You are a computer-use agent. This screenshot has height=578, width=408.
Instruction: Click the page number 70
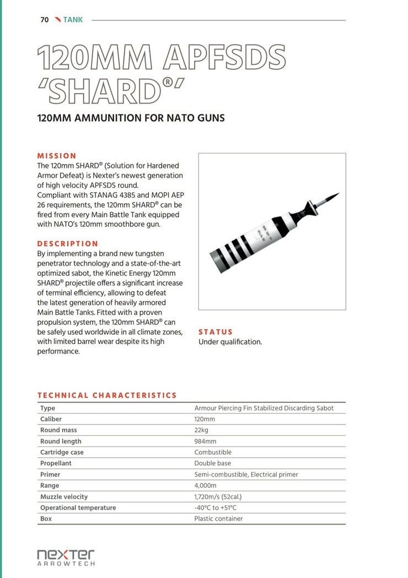(45, 20)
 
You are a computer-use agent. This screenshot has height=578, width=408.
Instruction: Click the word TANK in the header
(73, 20)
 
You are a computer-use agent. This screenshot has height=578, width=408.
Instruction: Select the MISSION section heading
(57, 156)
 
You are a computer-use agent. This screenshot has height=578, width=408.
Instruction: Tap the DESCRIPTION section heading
(67, 243)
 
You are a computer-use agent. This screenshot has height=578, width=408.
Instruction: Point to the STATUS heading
(216, 332)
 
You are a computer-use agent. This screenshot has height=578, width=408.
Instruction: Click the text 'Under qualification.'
(230, 342)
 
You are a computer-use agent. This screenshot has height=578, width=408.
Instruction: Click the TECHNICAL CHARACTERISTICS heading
(107, 395)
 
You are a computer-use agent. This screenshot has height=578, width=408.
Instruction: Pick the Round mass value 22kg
(201, 430)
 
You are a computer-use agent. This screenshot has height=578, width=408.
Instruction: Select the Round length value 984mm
(205, 441)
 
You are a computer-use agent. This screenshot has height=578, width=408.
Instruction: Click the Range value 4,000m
(205, 486)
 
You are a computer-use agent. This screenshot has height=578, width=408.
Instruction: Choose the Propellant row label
(56, 464)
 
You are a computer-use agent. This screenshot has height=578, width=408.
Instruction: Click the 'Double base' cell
(212, 464)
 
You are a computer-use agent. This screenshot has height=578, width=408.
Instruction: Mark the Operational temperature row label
(78, 508)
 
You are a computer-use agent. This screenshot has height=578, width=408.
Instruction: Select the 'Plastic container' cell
(218, 519)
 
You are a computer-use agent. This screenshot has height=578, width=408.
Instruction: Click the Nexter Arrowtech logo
(66, 557)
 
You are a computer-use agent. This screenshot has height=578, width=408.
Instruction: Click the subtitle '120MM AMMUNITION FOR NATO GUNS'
(131, 118)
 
